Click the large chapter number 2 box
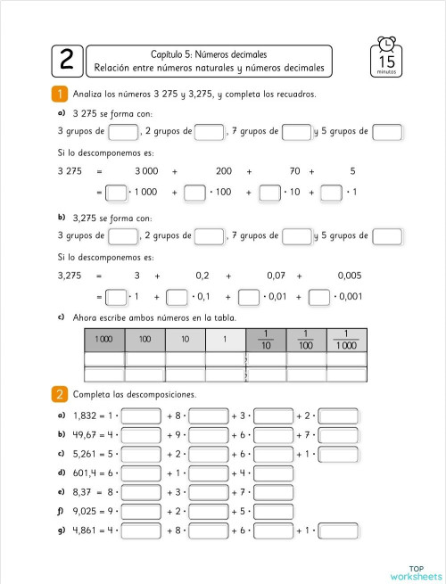67,61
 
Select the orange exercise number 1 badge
60,94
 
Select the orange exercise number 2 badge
60,394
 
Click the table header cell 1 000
104,340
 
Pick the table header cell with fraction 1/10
265,340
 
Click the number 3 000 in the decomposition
148,170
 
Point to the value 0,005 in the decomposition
350,276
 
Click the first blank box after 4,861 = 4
141,531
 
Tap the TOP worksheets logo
416,572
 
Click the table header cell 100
145,340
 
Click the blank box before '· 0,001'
319,297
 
